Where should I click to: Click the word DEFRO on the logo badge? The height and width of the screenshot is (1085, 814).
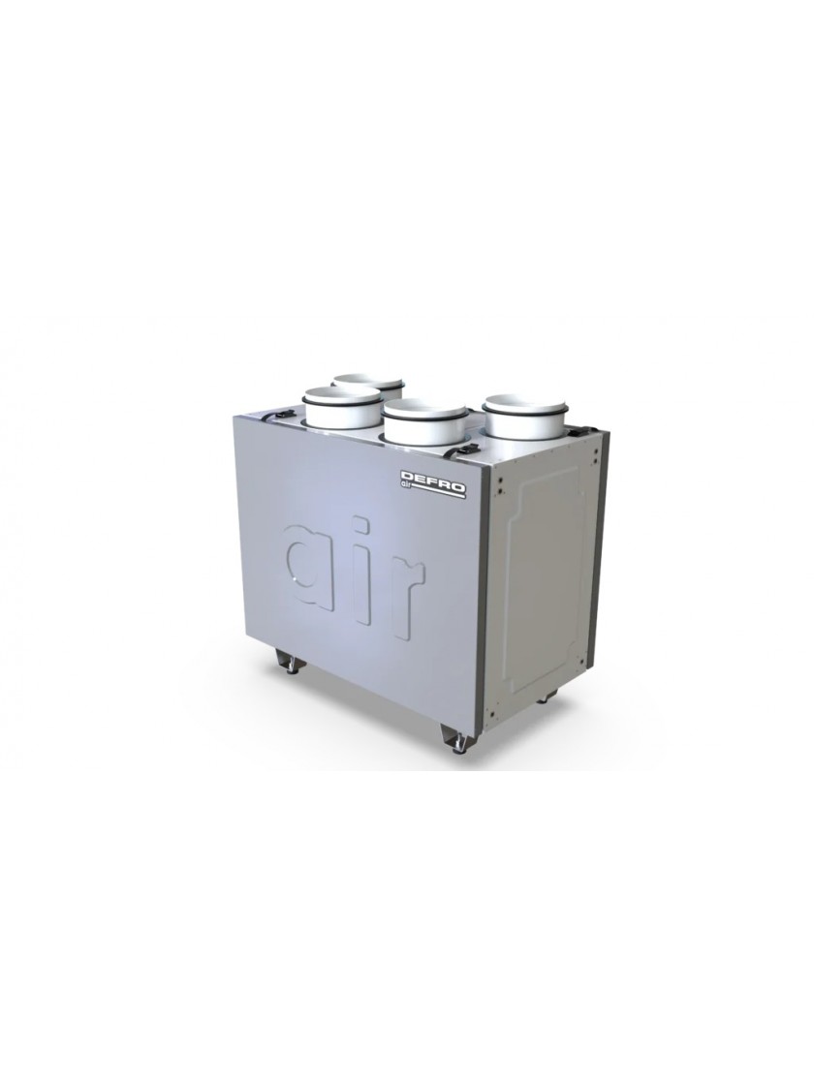(x=433, y=479)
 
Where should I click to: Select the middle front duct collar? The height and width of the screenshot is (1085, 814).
(x=425, y=422)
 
